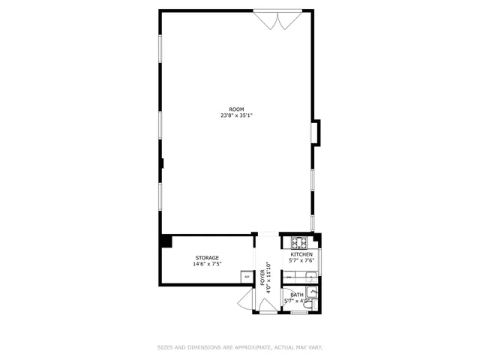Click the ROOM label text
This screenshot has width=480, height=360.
(x=237, y=109)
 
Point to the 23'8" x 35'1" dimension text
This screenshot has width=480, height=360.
(x=237, y=115)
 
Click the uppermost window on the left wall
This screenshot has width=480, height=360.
(x=160, y=56)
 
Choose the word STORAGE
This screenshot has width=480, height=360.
(x=207, y=258)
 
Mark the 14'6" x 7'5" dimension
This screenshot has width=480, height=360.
(x=207, y=264)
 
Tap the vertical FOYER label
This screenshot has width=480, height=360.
(x=263, y=276)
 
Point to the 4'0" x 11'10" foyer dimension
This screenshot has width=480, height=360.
(x=268, y=274)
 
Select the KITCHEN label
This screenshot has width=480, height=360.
(x=301, y=255)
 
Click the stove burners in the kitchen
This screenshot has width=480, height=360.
(x=300, y=242)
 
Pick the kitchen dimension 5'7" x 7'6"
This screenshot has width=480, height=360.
(x=301, y=261)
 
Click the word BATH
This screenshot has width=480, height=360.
(x=297, y=295)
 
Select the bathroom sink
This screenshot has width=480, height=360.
(x=315, y=304)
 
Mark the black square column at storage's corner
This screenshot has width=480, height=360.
(x=166, y=241)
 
